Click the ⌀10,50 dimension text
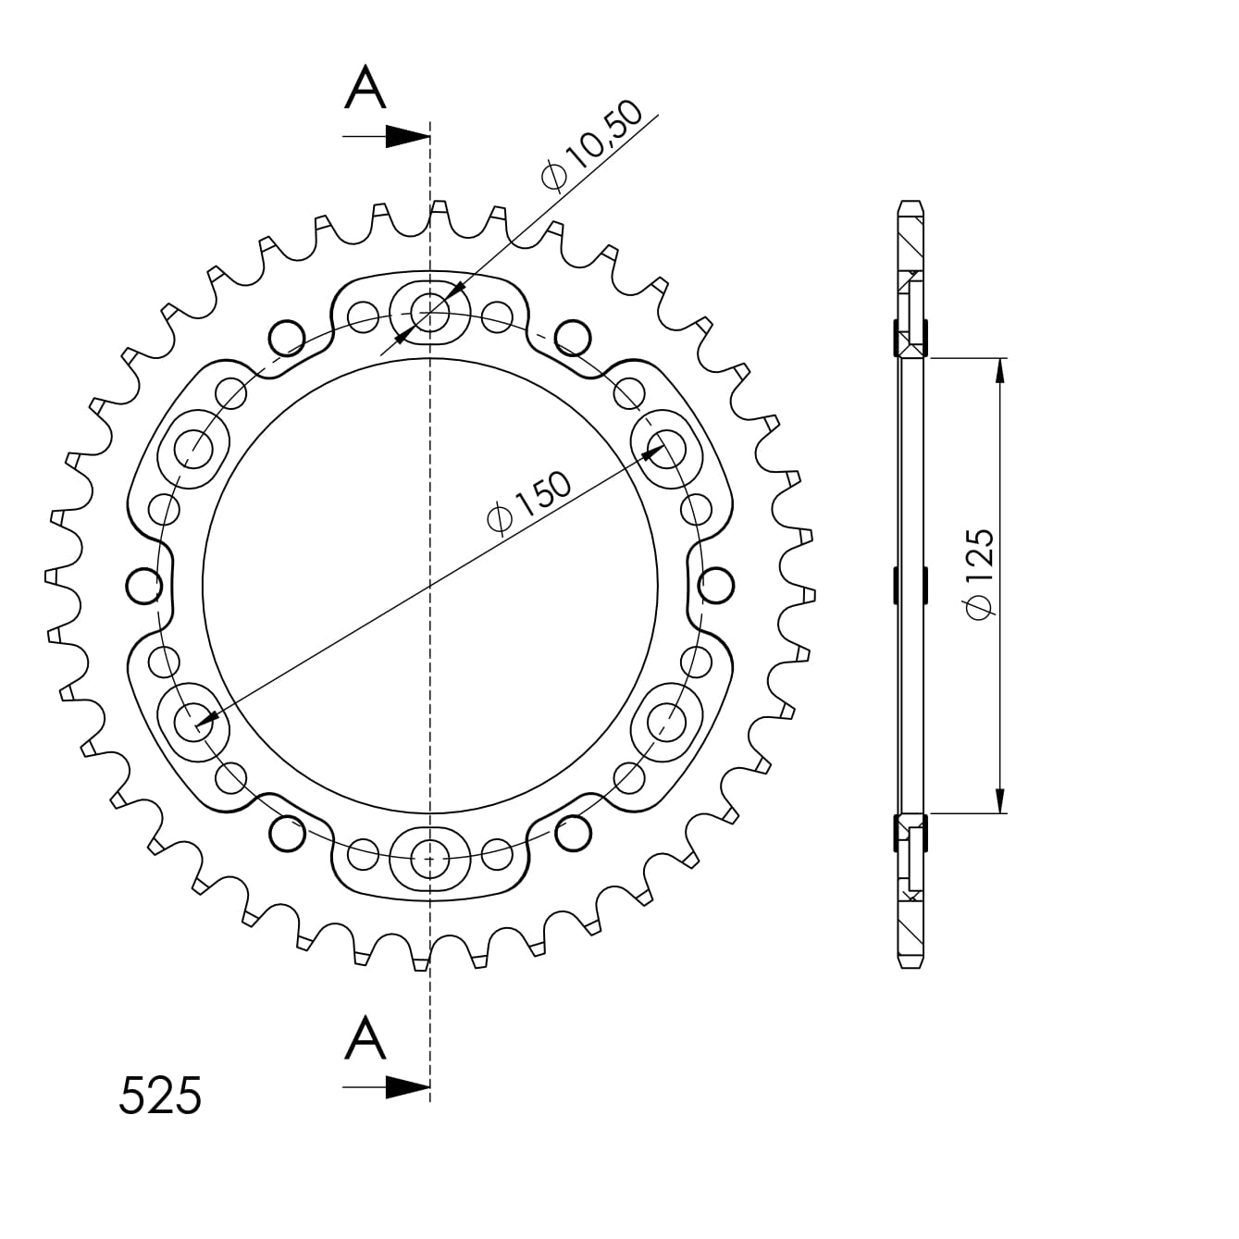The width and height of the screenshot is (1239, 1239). pyautogui.click(x=591, y=145)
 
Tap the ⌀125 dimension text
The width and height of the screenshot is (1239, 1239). pyautogui.click(x=981, y=575)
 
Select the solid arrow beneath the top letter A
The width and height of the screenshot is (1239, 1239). pyautogui.click(x=387, y=136)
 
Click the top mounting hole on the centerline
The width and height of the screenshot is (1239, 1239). pyautogui.click(x=430, y=312)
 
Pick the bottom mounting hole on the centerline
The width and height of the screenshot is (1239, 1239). pyautogui.click(x=430, y=859)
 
